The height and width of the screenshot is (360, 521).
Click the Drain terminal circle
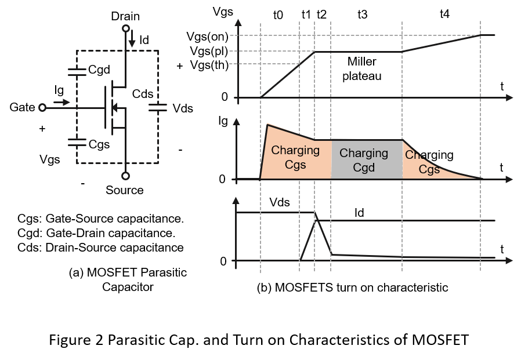coord(125,28)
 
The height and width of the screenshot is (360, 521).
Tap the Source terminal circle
coord(125,176)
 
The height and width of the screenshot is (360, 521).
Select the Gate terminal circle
coord(42,108)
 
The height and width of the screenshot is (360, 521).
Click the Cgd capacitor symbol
coord(77,72)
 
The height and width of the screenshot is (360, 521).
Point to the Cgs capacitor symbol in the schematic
coord(77,143)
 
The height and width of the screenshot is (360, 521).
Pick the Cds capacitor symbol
coord(157,107)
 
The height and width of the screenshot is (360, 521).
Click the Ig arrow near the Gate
coord(61,103)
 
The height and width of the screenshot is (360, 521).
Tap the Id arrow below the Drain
coord(132,38)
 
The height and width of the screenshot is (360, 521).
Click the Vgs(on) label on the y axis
coord(207,37)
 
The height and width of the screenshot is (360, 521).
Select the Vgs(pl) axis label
coord(209,51)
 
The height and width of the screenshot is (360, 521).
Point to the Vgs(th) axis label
coord(209,65)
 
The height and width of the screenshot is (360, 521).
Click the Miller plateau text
coord(362,69)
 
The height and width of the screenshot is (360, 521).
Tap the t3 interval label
coord(363,14)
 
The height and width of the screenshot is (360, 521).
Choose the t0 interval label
coord(278,15)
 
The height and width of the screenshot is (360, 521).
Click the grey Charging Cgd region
coord(367,160)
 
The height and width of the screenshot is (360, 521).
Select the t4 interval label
coord(444,14)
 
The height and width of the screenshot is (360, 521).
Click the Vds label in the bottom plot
coord(280,202)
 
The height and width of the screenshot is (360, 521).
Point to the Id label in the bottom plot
coord(359,213)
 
